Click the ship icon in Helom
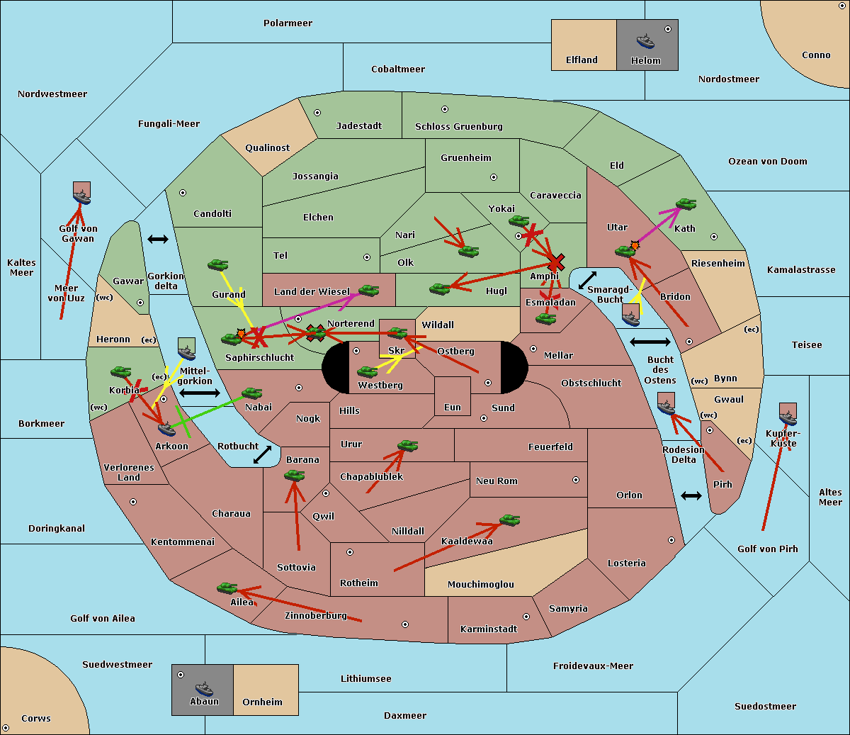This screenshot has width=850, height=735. click(645, 41)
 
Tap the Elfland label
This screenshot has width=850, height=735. click(582, 60)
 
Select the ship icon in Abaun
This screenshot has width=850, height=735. click(204, 688)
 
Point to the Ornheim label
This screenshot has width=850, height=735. click(262, 702)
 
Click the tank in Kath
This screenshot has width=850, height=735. click(686, 205)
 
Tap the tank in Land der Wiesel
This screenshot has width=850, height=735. click(368, 290)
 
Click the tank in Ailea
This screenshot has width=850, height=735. click(227, 588)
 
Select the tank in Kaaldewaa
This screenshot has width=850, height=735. click(509, 521)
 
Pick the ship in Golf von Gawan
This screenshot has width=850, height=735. click(82, 198)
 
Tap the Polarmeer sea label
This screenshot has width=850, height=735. click(288, 23)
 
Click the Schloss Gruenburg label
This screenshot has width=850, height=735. click(458, 127)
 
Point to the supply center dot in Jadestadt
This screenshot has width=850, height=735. click(317, 112)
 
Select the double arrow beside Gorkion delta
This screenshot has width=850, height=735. click(157, 240)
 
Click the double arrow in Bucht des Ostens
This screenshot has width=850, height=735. click(650, 342)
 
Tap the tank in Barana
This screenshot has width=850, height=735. click(294, 476)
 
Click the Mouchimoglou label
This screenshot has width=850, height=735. click(480, 585)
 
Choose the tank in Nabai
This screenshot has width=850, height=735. click(251, 393)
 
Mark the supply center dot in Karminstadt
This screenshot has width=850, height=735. click(526, 617)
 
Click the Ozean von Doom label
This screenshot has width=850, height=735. click(767, 162)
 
